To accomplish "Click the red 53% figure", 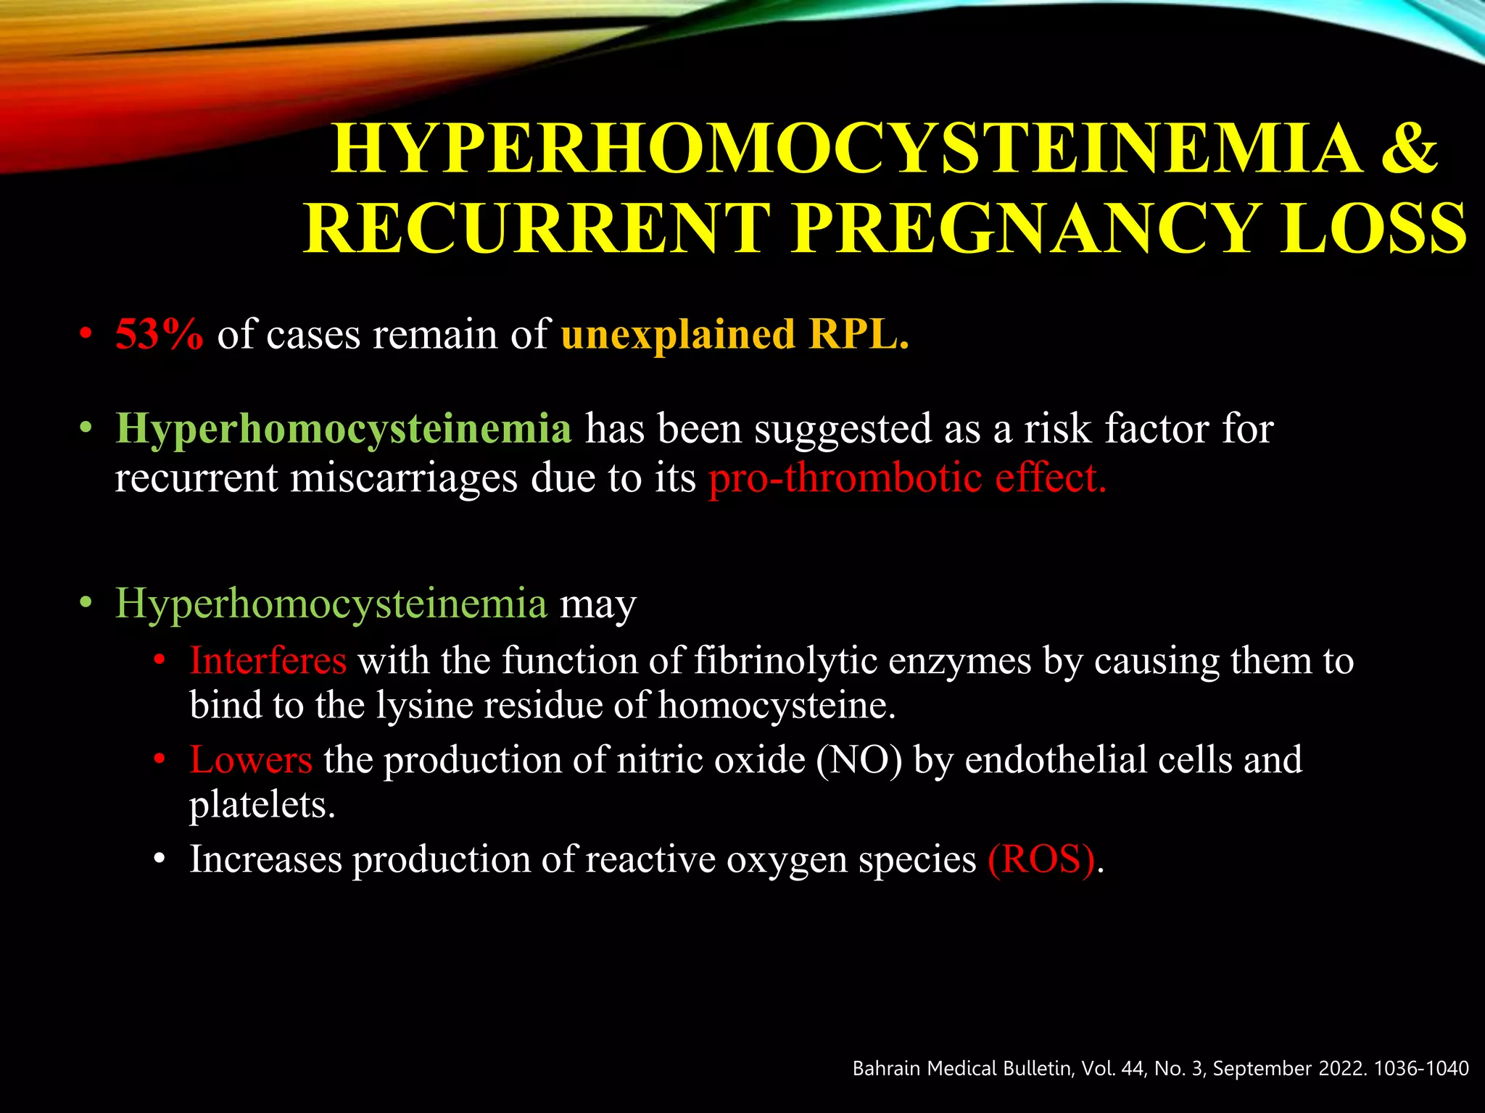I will pyautogui.click(x=159, y=334).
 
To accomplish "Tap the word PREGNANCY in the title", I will pyautogui.click(x=1023, y=228).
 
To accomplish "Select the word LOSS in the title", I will pyautogui.click(x=1373, y=228).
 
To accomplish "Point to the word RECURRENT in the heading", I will pyautogui.click(x=537, y=228).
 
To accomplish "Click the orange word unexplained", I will pyautogui.click(x=678, y=334).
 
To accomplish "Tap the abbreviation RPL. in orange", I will pyautogui.click(x=859, y=334).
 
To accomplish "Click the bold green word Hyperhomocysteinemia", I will pyautogui.click(x=344, y=428).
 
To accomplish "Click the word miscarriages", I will pyautogui.click(x=404, y=478).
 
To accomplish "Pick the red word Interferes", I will pyautogui.click(x=268, y=661).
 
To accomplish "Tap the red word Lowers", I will pyautogui.click(x=251, y=760).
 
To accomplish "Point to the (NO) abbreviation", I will pyautogui.click(x=859, y=760).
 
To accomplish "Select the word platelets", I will pyautogui.click(x=262, y=804).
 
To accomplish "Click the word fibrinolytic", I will pyautogui.click(x=785, y=661).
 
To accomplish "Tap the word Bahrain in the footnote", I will pyautogui.click(x=885, y=1068).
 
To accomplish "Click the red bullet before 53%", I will pyautogui.click(x=86, y=335).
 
